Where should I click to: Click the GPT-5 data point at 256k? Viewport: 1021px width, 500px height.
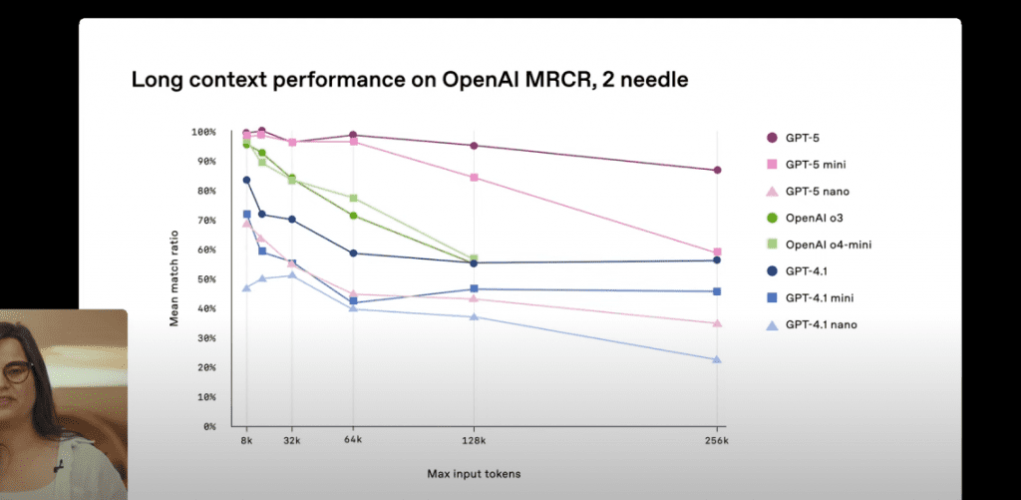(717, 170)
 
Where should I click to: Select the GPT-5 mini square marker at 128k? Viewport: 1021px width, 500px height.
(474, 178)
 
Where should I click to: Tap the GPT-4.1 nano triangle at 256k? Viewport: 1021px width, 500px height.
(717, 359)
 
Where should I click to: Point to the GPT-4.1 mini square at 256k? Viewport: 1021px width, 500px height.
(717, 291)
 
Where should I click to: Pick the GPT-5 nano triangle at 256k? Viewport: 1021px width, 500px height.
(717, 323)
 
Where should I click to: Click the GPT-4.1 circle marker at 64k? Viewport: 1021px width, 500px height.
(353, 252)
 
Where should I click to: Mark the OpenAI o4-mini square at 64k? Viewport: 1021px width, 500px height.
(353, 198)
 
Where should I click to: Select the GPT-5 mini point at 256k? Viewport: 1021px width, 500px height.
(717, 251)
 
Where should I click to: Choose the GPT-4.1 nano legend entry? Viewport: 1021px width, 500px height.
(812, 324)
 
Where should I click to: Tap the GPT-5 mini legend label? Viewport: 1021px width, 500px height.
(816, 165)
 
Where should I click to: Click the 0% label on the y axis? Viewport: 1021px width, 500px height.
(209, 426)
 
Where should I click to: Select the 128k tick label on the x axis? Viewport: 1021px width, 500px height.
(474, 441)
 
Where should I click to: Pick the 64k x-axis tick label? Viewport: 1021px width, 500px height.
(353, 441)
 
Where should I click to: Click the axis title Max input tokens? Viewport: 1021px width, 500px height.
(474, 474)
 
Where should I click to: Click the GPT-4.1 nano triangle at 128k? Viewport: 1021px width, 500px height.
(474, 316)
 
